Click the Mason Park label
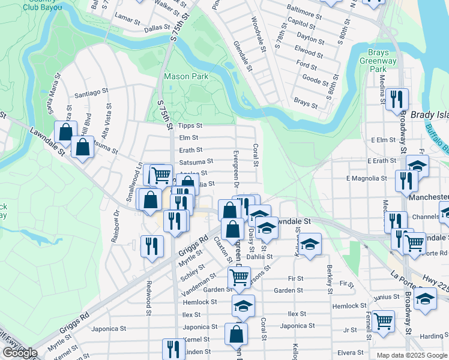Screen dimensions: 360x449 [x=186, y=76]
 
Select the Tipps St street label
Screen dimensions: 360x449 [x=191, y=126]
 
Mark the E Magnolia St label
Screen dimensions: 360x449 [x=366, y=178]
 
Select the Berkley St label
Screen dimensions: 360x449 [x=330, y=279]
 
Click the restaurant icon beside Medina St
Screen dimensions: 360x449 [x=396, y=98]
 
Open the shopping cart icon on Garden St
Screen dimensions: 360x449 [x=240, y=277]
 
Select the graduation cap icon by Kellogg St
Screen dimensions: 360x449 [x=310, y=244]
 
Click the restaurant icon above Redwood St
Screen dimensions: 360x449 [x=152, y=245]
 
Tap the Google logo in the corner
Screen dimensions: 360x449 [x=19, y=353]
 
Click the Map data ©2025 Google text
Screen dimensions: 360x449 [x=411, y=355]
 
